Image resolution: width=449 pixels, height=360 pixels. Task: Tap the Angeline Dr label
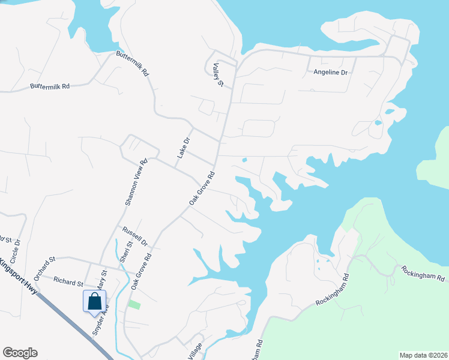331,73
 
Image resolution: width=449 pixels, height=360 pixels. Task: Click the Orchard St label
44,268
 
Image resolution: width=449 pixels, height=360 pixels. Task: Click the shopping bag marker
95,301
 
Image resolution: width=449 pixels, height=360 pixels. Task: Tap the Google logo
20,353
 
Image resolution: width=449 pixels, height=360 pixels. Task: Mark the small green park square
134,305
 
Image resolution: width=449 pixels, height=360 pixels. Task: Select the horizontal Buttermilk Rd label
50,86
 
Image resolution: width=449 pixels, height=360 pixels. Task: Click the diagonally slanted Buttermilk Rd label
132,64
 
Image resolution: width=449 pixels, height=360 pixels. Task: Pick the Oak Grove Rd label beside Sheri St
145,268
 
